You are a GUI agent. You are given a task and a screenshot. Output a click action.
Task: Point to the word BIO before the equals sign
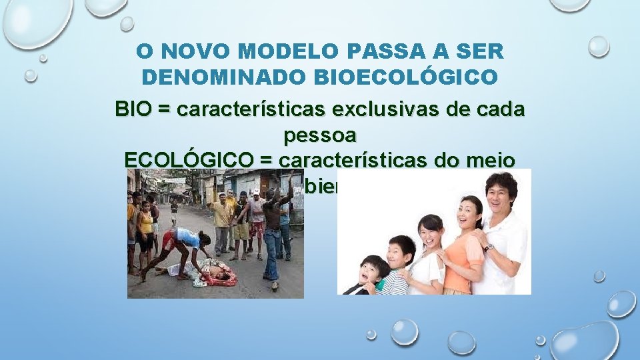coord(133,109)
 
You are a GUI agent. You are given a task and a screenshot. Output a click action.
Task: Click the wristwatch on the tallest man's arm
coord(490,247)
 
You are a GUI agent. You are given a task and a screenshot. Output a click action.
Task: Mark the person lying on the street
coord(207,272)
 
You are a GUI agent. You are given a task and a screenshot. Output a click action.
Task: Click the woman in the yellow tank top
coord(145,230)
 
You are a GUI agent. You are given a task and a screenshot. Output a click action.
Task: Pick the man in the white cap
coord(257,220)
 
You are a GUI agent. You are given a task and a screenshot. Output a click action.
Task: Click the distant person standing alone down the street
coord(174,211)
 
